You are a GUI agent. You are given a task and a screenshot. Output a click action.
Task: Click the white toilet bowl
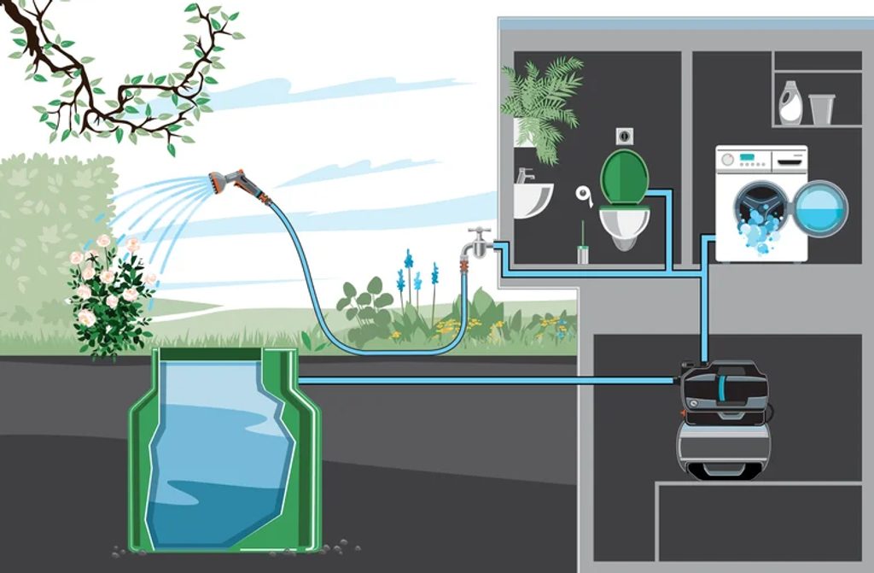point(625,225)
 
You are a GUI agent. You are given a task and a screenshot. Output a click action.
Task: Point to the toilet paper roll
point(585,194)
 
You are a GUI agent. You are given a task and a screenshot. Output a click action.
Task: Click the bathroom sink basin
point(532,199)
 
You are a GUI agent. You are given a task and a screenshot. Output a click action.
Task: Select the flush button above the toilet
point(624,136)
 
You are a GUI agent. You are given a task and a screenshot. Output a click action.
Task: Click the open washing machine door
point(820,208)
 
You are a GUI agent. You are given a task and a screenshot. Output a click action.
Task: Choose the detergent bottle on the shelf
point(790,103)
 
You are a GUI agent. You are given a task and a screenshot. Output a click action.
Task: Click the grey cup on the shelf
point(821,109)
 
